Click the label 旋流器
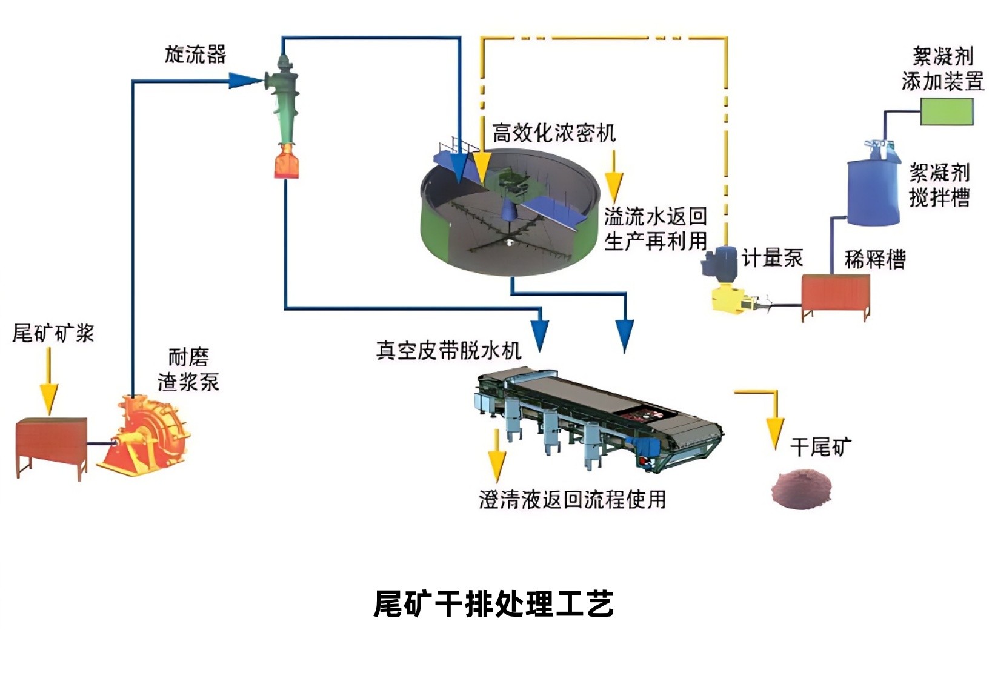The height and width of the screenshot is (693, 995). (x=195, y=55)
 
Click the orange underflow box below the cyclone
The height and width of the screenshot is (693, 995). (x=287, y=162)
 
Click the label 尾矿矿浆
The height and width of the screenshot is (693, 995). (x=53, y=333)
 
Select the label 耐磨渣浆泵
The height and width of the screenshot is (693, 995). (x=188, y=370)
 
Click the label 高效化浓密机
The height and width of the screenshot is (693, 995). (x=553, y=133)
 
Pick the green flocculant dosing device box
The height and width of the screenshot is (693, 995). (x=947, y=111)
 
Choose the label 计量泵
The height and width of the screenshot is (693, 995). (x=773, y=259)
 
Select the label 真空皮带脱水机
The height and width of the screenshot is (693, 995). (x=448, y=350)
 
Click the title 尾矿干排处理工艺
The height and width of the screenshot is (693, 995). (x=494, y=604)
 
